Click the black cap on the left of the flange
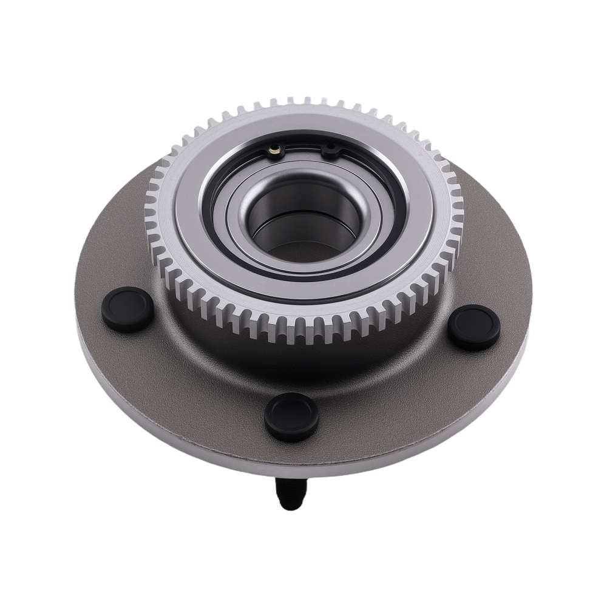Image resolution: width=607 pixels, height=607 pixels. point(127,310)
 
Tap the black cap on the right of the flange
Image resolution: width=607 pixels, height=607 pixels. point(474,327)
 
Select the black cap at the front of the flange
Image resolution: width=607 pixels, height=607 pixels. point(291,417)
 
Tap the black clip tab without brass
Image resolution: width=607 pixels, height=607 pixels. point(331,149)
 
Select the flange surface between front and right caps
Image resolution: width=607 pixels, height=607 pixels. point(395,395)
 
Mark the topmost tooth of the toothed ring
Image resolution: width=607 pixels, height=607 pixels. point(307,101)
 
